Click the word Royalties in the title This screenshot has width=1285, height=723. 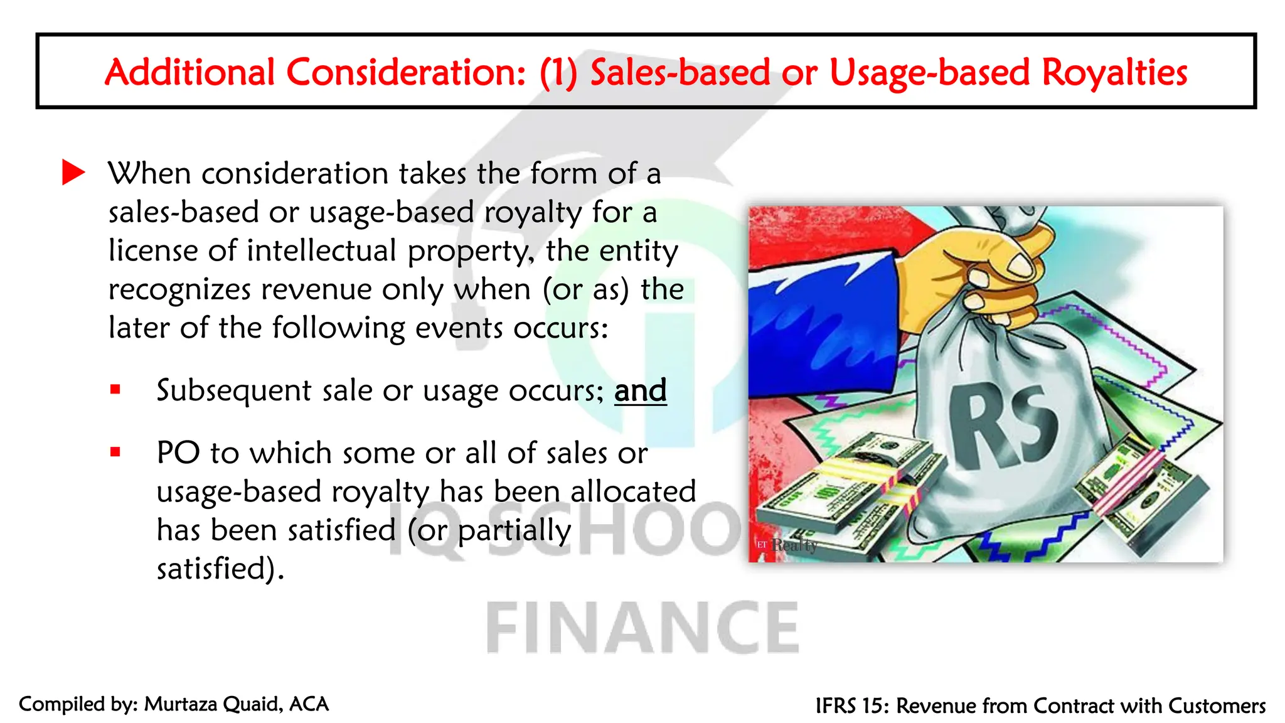point(1114,72)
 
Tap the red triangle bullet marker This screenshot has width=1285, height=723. point(73,173)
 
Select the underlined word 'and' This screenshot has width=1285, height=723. point(640,391)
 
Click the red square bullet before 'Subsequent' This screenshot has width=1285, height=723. point(115,390)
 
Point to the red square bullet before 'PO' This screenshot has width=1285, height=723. point(115,452)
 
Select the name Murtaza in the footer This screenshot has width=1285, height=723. point(181,704)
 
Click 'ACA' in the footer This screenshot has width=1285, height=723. point(309,704)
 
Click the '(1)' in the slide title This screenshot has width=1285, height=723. point(558,72)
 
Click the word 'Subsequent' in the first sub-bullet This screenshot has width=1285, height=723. point(233,391)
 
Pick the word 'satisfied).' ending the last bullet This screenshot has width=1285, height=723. point(220,569)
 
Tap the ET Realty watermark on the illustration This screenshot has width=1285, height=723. point(787,545)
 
